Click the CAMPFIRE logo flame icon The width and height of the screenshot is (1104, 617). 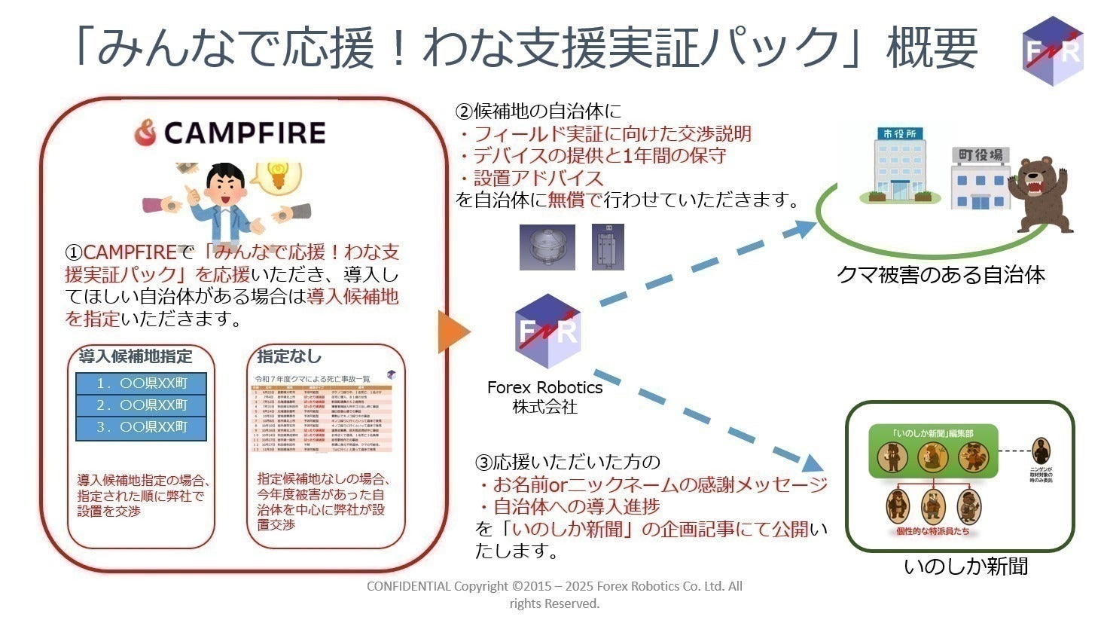(145, 133)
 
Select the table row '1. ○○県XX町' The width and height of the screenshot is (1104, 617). (142, 383)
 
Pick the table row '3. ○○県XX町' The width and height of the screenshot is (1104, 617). (142, 427)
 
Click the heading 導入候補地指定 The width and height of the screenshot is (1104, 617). (136, 356)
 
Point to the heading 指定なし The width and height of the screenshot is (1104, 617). (289, 356)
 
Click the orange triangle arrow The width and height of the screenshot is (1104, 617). (453, 331)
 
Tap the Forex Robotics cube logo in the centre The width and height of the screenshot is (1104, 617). (547, 331)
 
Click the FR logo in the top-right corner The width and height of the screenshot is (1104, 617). (1053, 50)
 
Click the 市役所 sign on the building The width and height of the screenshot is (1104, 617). (900, 133)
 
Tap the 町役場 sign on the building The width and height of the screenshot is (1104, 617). (980, 155)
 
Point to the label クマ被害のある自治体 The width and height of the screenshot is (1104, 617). (941, 275)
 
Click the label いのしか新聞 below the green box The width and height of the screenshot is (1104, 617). (965, 566)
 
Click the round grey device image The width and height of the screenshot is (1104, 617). (547, 247)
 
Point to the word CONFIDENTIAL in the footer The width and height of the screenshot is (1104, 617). (408, 586)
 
